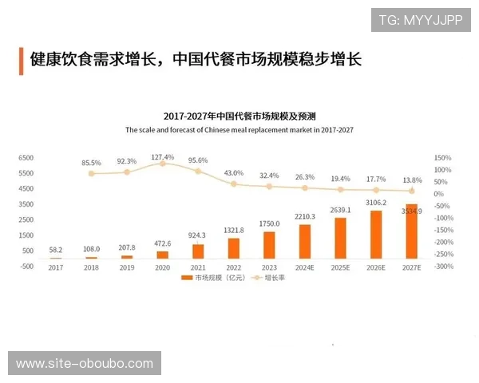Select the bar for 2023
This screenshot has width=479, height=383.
pyautogui.click(x=269, y=245)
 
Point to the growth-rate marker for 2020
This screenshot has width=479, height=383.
pyautogui.click(x=163, y=164)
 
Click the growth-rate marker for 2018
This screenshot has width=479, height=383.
pyautogui.click(x=92, y=173)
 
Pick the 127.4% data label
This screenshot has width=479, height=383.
pyautogui.click(x=163, y=156)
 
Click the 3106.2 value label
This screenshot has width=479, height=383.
pyautogui.click(x=375, y=203)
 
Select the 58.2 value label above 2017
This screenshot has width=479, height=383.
pyautogui.click(x=56, y=250)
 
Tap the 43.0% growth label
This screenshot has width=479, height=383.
pyautogui.click(x=234, y=173)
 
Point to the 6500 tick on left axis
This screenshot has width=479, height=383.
pyautogui.click(x=27, y=158)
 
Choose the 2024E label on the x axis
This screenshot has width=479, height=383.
pyautogui.click(x=304, y=267)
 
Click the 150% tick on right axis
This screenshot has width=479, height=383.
pyautogui.click(x=443, y=158)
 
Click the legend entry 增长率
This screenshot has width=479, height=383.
pyautogui.click(x=275, y=278)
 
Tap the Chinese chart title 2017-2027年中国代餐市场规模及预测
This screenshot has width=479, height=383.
pyautogui.click(x=239, y=116)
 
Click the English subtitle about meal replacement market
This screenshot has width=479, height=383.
pyautogui.click(x=239, y=128)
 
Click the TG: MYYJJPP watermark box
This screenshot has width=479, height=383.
pyautogui.click(x=420, y=19)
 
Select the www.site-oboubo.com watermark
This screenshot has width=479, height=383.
pyautogui.click(x=85, y=364)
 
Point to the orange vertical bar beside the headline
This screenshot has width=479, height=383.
pyautogui.click(x=20, y=59)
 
